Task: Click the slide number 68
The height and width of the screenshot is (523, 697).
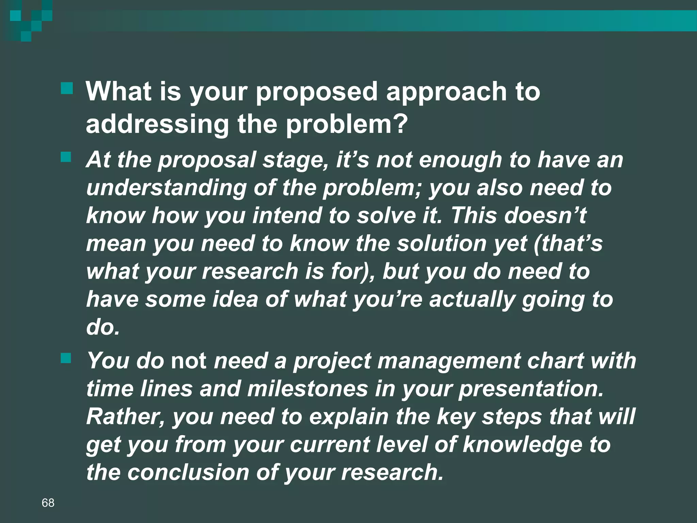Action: point(48,503)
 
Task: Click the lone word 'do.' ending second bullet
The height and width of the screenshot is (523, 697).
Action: point(103,327)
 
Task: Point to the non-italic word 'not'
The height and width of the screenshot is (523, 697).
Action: point(188,361)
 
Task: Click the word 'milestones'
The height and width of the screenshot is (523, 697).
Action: point(308,389)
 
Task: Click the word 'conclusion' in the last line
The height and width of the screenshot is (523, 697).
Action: point(188,473)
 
